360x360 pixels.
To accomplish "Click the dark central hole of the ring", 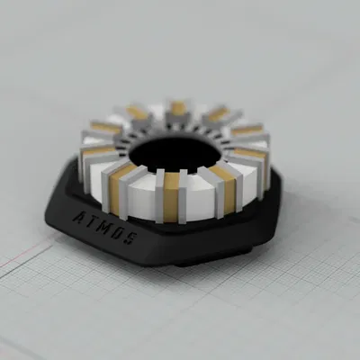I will (171, 155).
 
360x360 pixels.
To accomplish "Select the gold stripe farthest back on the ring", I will (178, 109).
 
